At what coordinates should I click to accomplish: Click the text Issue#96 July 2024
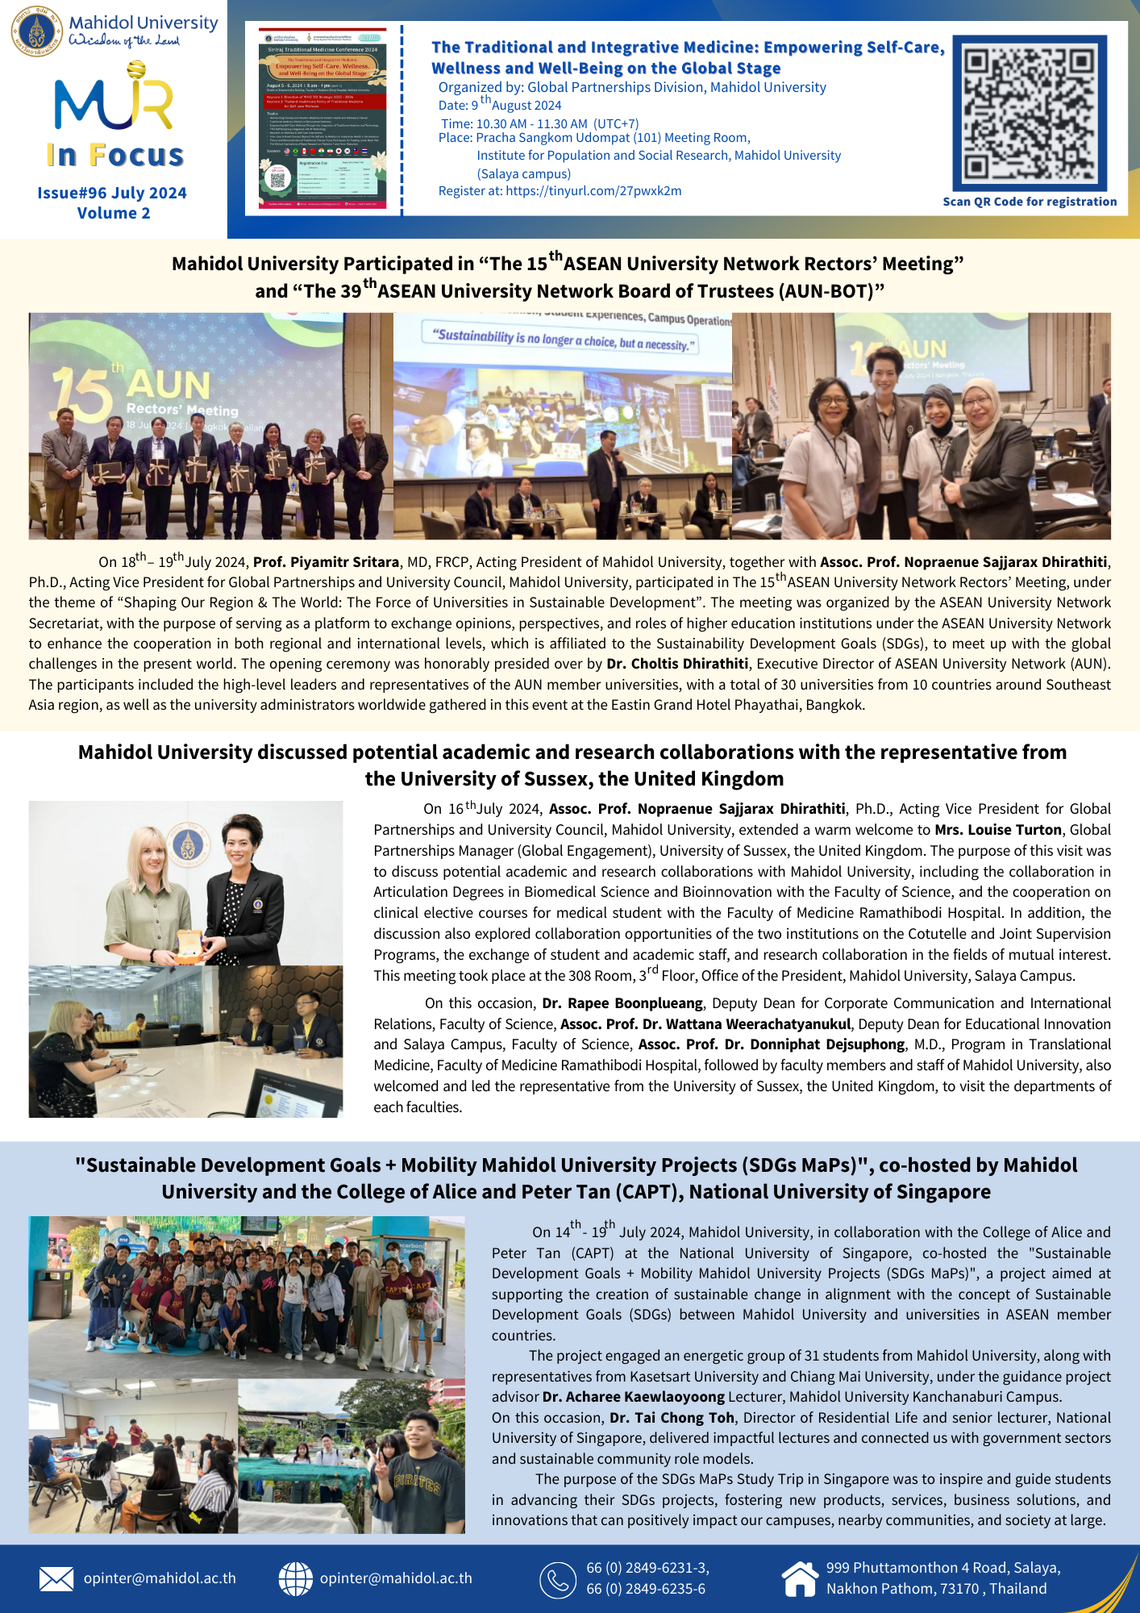pos(112,193)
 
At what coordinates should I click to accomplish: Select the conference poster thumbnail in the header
pos(322,119)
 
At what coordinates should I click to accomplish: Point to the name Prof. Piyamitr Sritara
pos(326,562)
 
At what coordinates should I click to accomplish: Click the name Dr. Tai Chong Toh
pos(672,1418)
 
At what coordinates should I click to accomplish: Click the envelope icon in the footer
pos(56,1578)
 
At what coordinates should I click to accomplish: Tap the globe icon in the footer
pos(295,1578)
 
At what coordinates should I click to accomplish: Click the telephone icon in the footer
pos(557,1579)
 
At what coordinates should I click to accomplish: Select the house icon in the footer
pos(800,1578)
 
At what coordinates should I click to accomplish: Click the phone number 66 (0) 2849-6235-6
pos(646,1589)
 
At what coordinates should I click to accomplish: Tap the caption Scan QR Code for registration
pos(1030,202)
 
